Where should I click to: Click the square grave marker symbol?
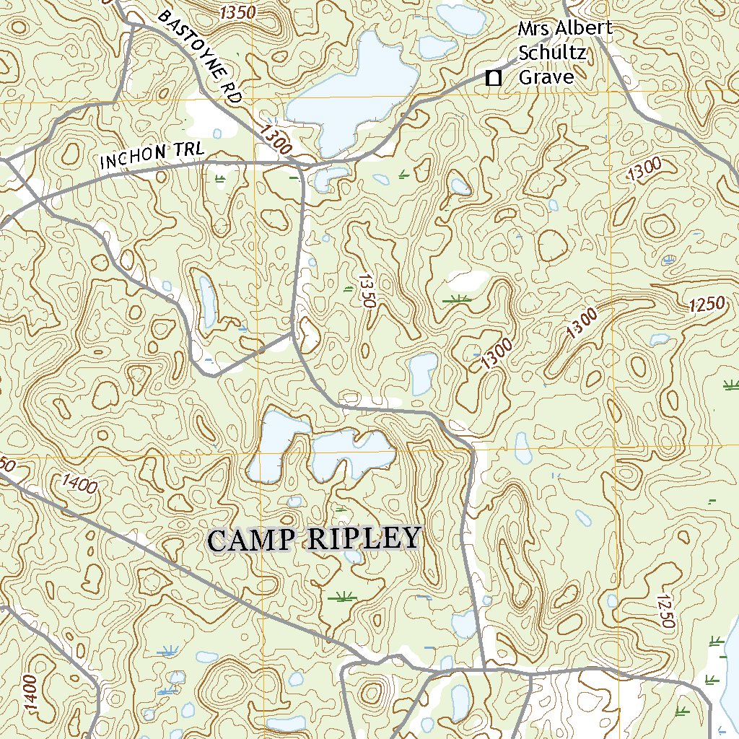[x=494, y=78]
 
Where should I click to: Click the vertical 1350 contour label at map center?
[x=367, y=290]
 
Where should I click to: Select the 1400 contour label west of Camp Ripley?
[x=80, y=483]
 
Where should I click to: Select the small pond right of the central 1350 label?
[x=423, y=373]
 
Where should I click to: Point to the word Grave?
[x=546, y=77]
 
